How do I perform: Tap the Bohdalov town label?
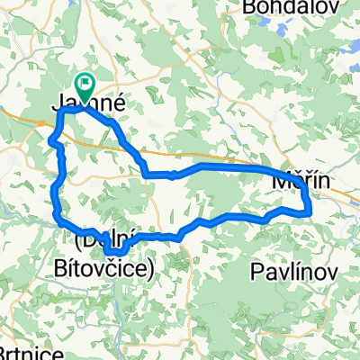tap(274, 8)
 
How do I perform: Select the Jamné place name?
tap(85, 105)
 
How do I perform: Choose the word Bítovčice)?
tap(115, 267)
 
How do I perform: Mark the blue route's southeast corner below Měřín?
tap(310, 211)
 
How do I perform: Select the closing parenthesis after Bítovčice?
tap(153, 268)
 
